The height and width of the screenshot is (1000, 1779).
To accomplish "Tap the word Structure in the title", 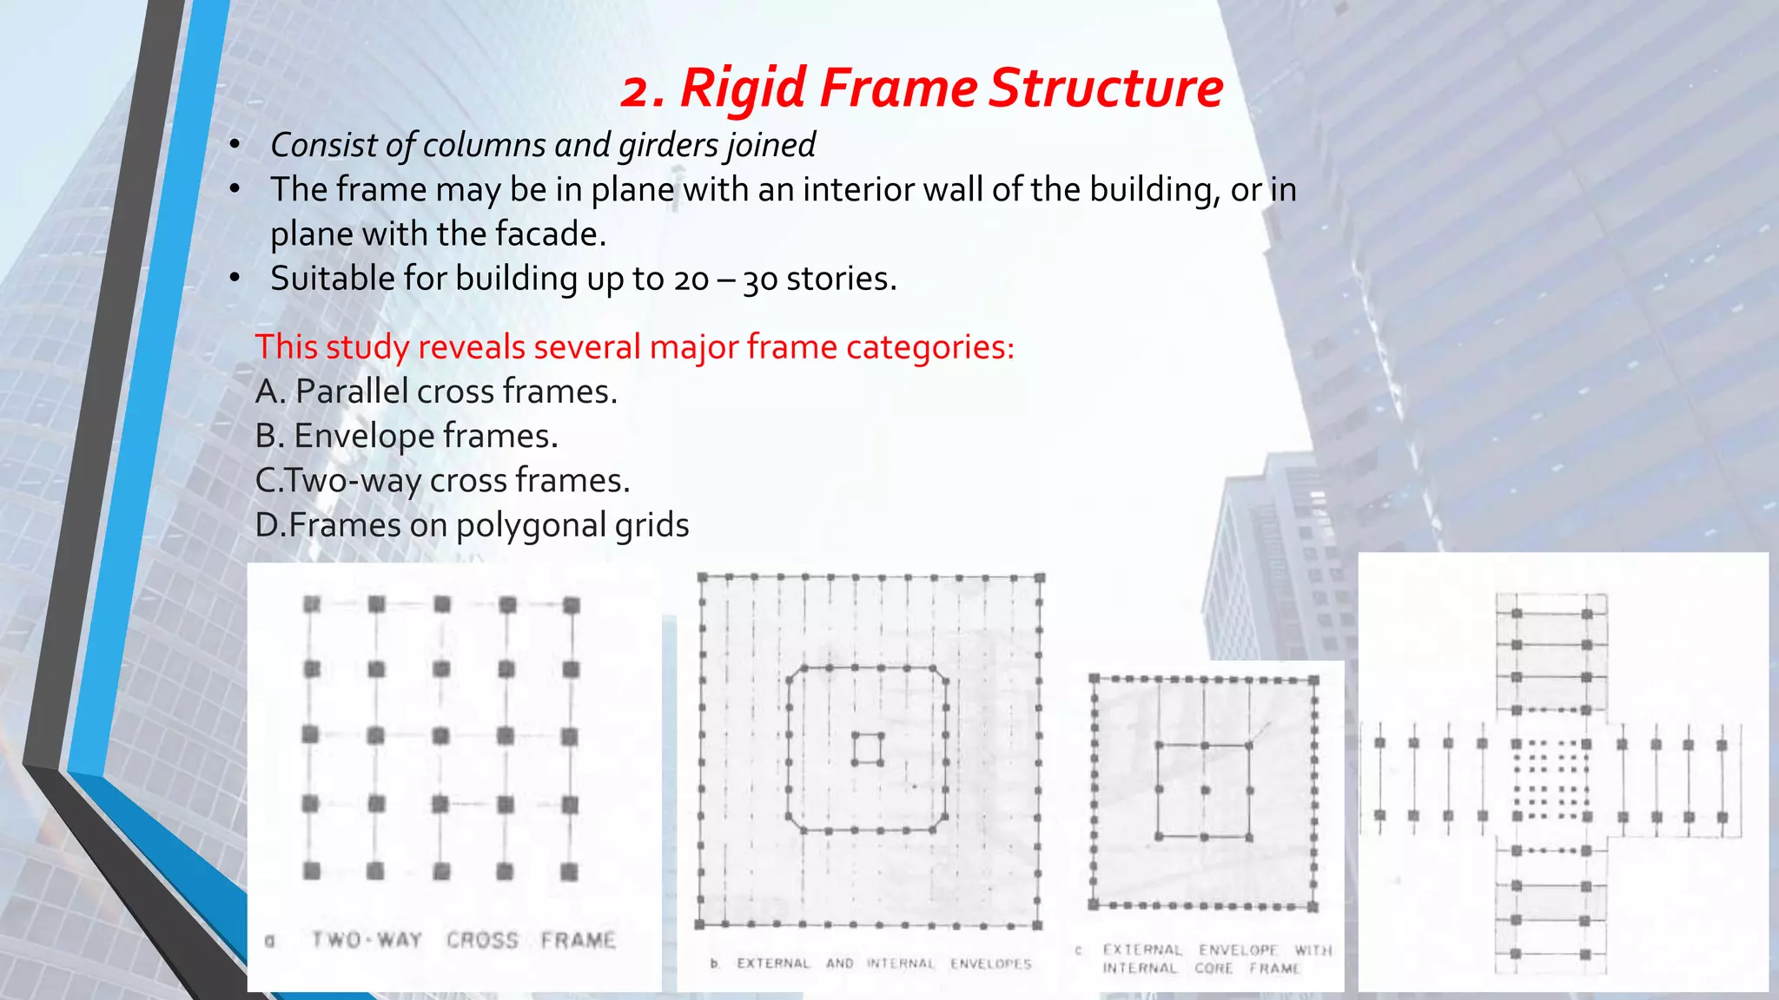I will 1106,89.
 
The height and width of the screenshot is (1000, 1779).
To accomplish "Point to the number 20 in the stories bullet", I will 691,280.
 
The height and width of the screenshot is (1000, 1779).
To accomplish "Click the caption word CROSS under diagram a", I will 482,940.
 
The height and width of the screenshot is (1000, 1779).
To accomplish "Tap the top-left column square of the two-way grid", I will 312,604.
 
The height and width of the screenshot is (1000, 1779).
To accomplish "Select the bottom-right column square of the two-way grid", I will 569,872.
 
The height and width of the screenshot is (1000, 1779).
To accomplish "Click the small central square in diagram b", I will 868,749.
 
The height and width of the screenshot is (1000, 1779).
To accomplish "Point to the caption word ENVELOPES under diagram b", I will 990,964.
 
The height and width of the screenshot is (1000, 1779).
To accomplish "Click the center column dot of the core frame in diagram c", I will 1205,790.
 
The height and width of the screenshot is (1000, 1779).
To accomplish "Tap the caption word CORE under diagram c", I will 1214,969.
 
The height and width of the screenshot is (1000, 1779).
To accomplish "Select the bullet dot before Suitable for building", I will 235,279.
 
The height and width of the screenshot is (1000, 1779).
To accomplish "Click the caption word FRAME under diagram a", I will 579,940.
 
